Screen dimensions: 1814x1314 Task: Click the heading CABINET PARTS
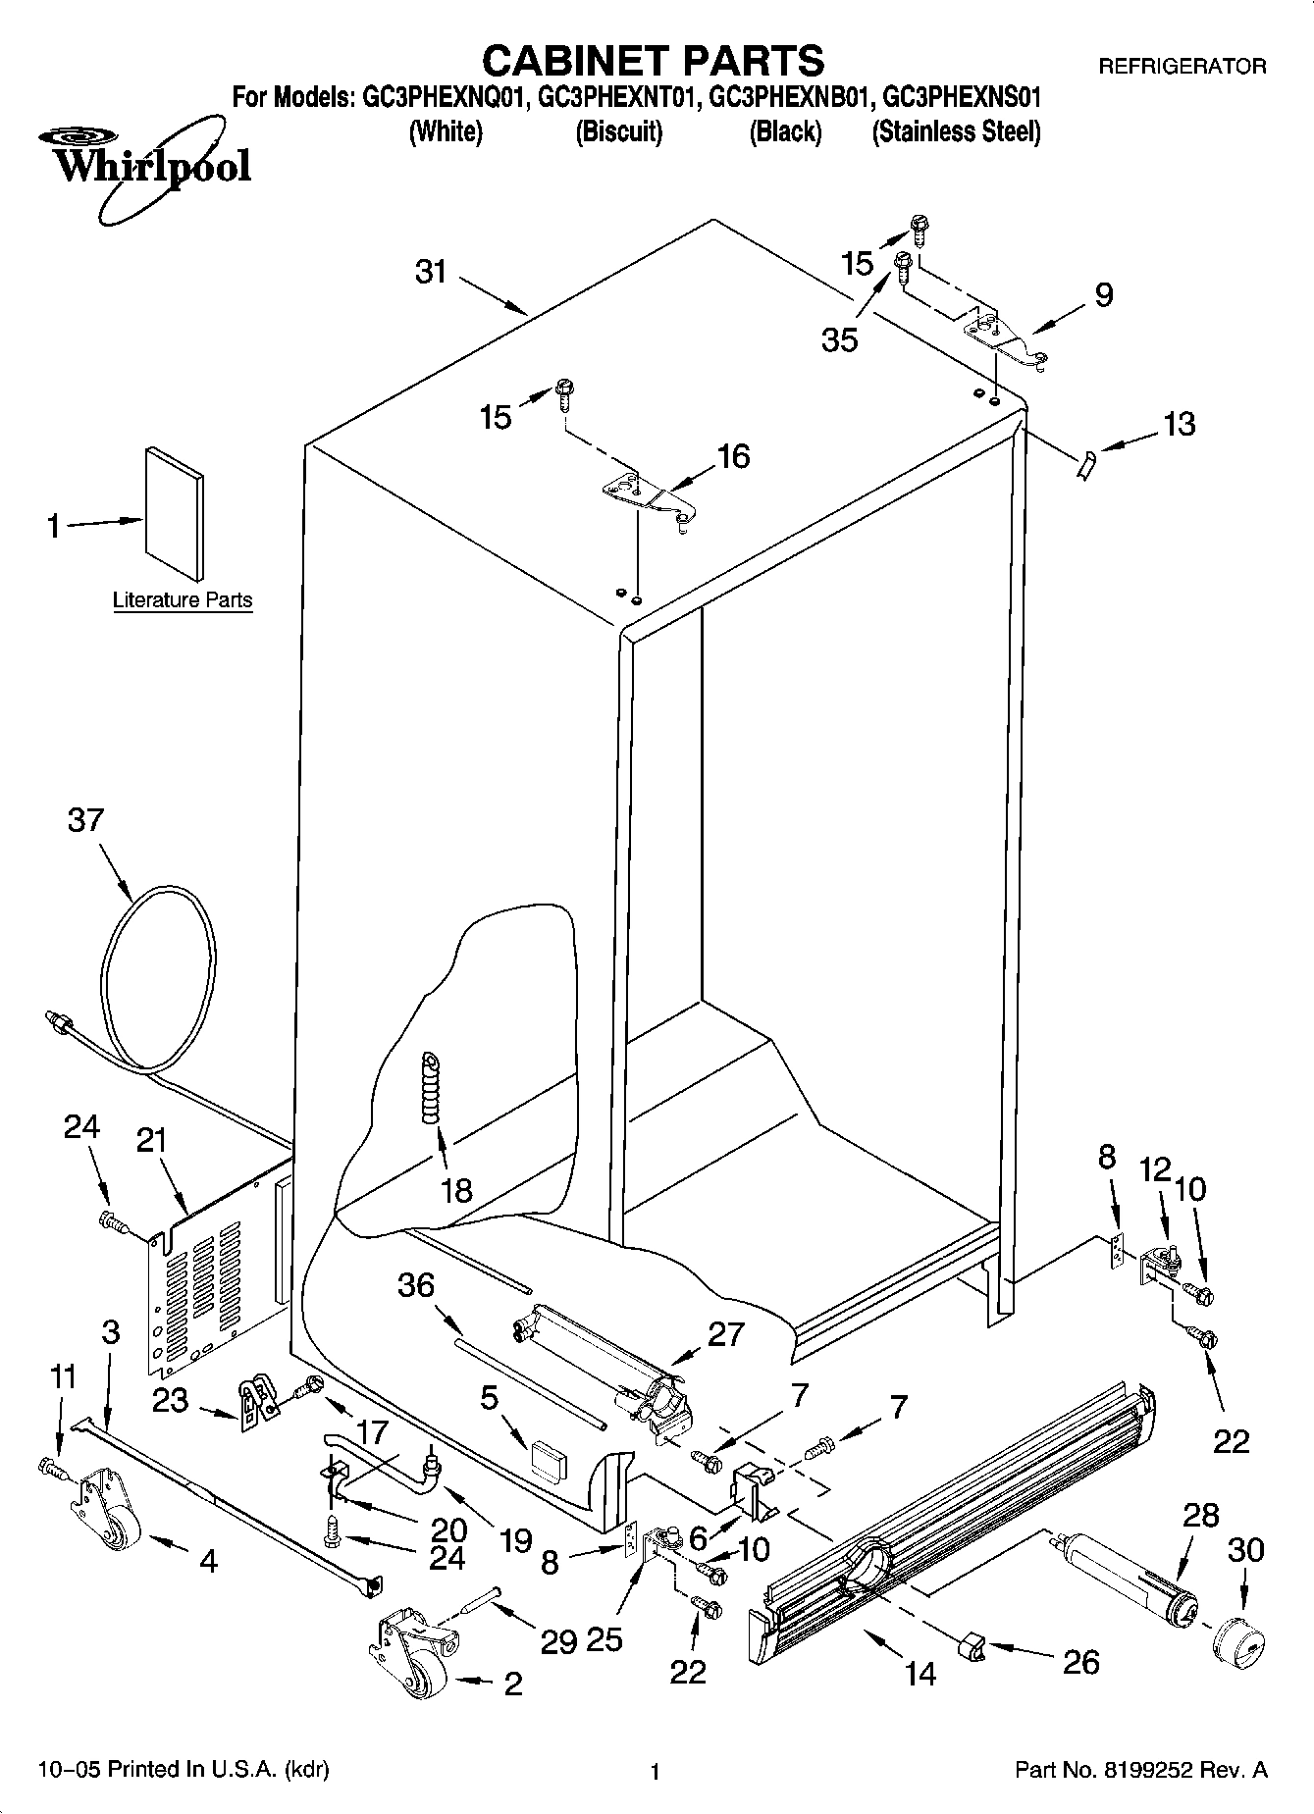[653, 60]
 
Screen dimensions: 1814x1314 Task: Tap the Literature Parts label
[183, 599]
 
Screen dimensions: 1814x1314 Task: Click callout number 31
[430, 271]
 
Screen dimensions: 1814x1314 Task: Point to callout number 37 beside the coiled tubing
[85, 819]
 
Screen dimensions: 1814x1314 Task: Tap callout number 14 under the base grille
[920, 1673]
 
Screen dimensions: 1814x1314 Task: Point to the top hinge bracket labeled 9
[1006, 340]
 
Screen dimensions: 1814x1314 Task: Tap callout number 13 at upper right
[1178, 424]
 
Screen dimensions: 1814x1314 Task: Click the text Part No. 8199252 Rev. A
[1140, 1770]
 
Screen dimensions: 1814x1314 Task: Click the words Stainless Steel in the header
[956, 130]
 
